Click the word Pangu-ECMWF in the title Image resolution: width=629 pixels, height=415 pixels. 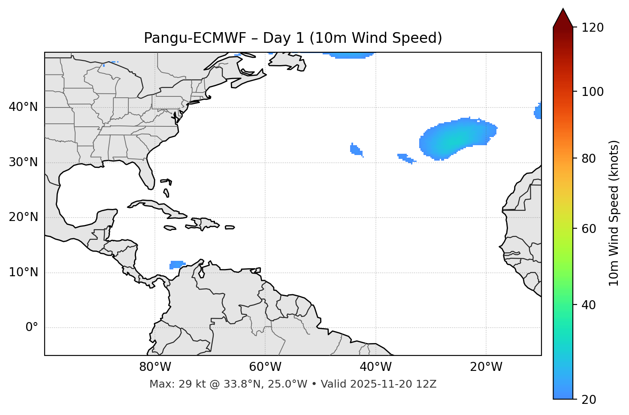[x=195, y=38]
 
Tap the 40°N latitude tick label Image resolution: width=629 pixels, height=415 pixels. [x=23, y=107]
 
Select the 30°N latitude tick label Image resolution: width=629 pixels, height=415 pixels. [x=23, y=162]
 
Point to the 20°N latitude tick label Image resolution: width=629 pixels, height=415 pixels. [x=23, y=217]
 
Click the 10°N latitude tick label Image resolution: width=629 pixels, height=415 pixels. [x=23, y=272]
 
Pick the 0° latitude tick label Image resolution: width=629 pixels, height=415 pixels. [x=32, y=328]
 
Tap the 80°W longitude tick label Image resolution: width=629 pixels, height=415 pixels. [x=155, y=367]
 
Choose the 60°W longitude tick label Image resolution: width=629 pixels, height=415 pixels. [x=265, y=367]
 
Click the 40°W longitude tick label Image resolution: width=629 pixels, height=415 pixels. [x=375, y=367]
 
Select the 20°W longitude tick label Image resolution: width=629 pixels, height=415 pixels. [x=486, y=367]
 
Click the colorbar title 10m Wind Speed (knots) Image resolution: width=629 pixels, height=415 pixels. [x=614, y=213]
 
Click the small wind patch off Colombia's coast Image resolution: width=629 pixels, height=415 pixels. [x=177, y=264]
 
